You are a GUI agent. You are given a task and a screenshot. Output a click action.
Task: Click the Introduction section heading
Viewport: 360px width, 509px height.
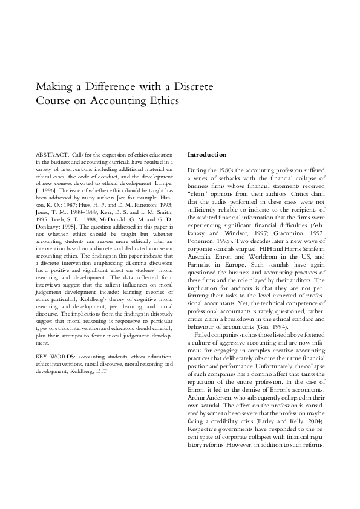tap(207, 155)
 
